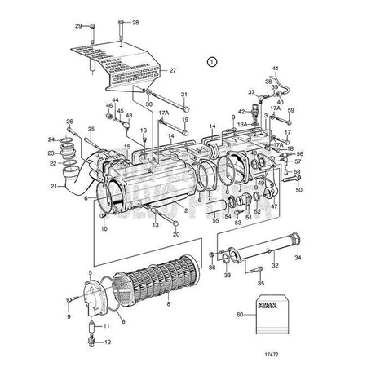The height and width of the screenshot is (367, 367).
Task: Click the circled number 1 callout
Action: pyautogui.click(x=212, y=61)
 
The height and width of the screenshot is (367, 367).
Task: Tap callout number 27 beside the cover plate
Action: pyautogui.click(x=173, y=71)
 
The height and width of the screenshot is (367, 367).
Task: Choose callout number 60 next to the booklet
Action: pyautogui.click(x=240, y=314)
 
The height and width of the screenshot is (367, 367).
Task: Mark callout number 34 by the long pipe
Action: pyautogui.click(x=297, y=257)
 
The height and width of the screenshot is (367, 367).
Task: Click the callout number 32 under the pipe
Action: pyautogui.click(x=274, y=264)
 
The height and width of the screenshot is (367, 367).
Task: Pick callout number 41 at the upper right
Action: pyautogui.click(x=275, y=67)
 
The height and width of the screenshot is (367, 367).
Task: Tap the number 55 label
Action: pyautogui.click(x=215, y=220)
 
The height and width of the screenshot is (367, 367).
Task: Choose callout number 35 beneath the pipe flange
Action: pyautogui.click(x=260, y=284)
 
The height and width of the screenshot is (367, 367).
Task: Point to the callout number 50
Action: pyautogui.click(x=298, y=190)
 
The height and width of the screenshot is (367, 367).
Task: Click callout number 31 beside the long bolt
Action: pyautogui.click(x=183, y=95)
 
